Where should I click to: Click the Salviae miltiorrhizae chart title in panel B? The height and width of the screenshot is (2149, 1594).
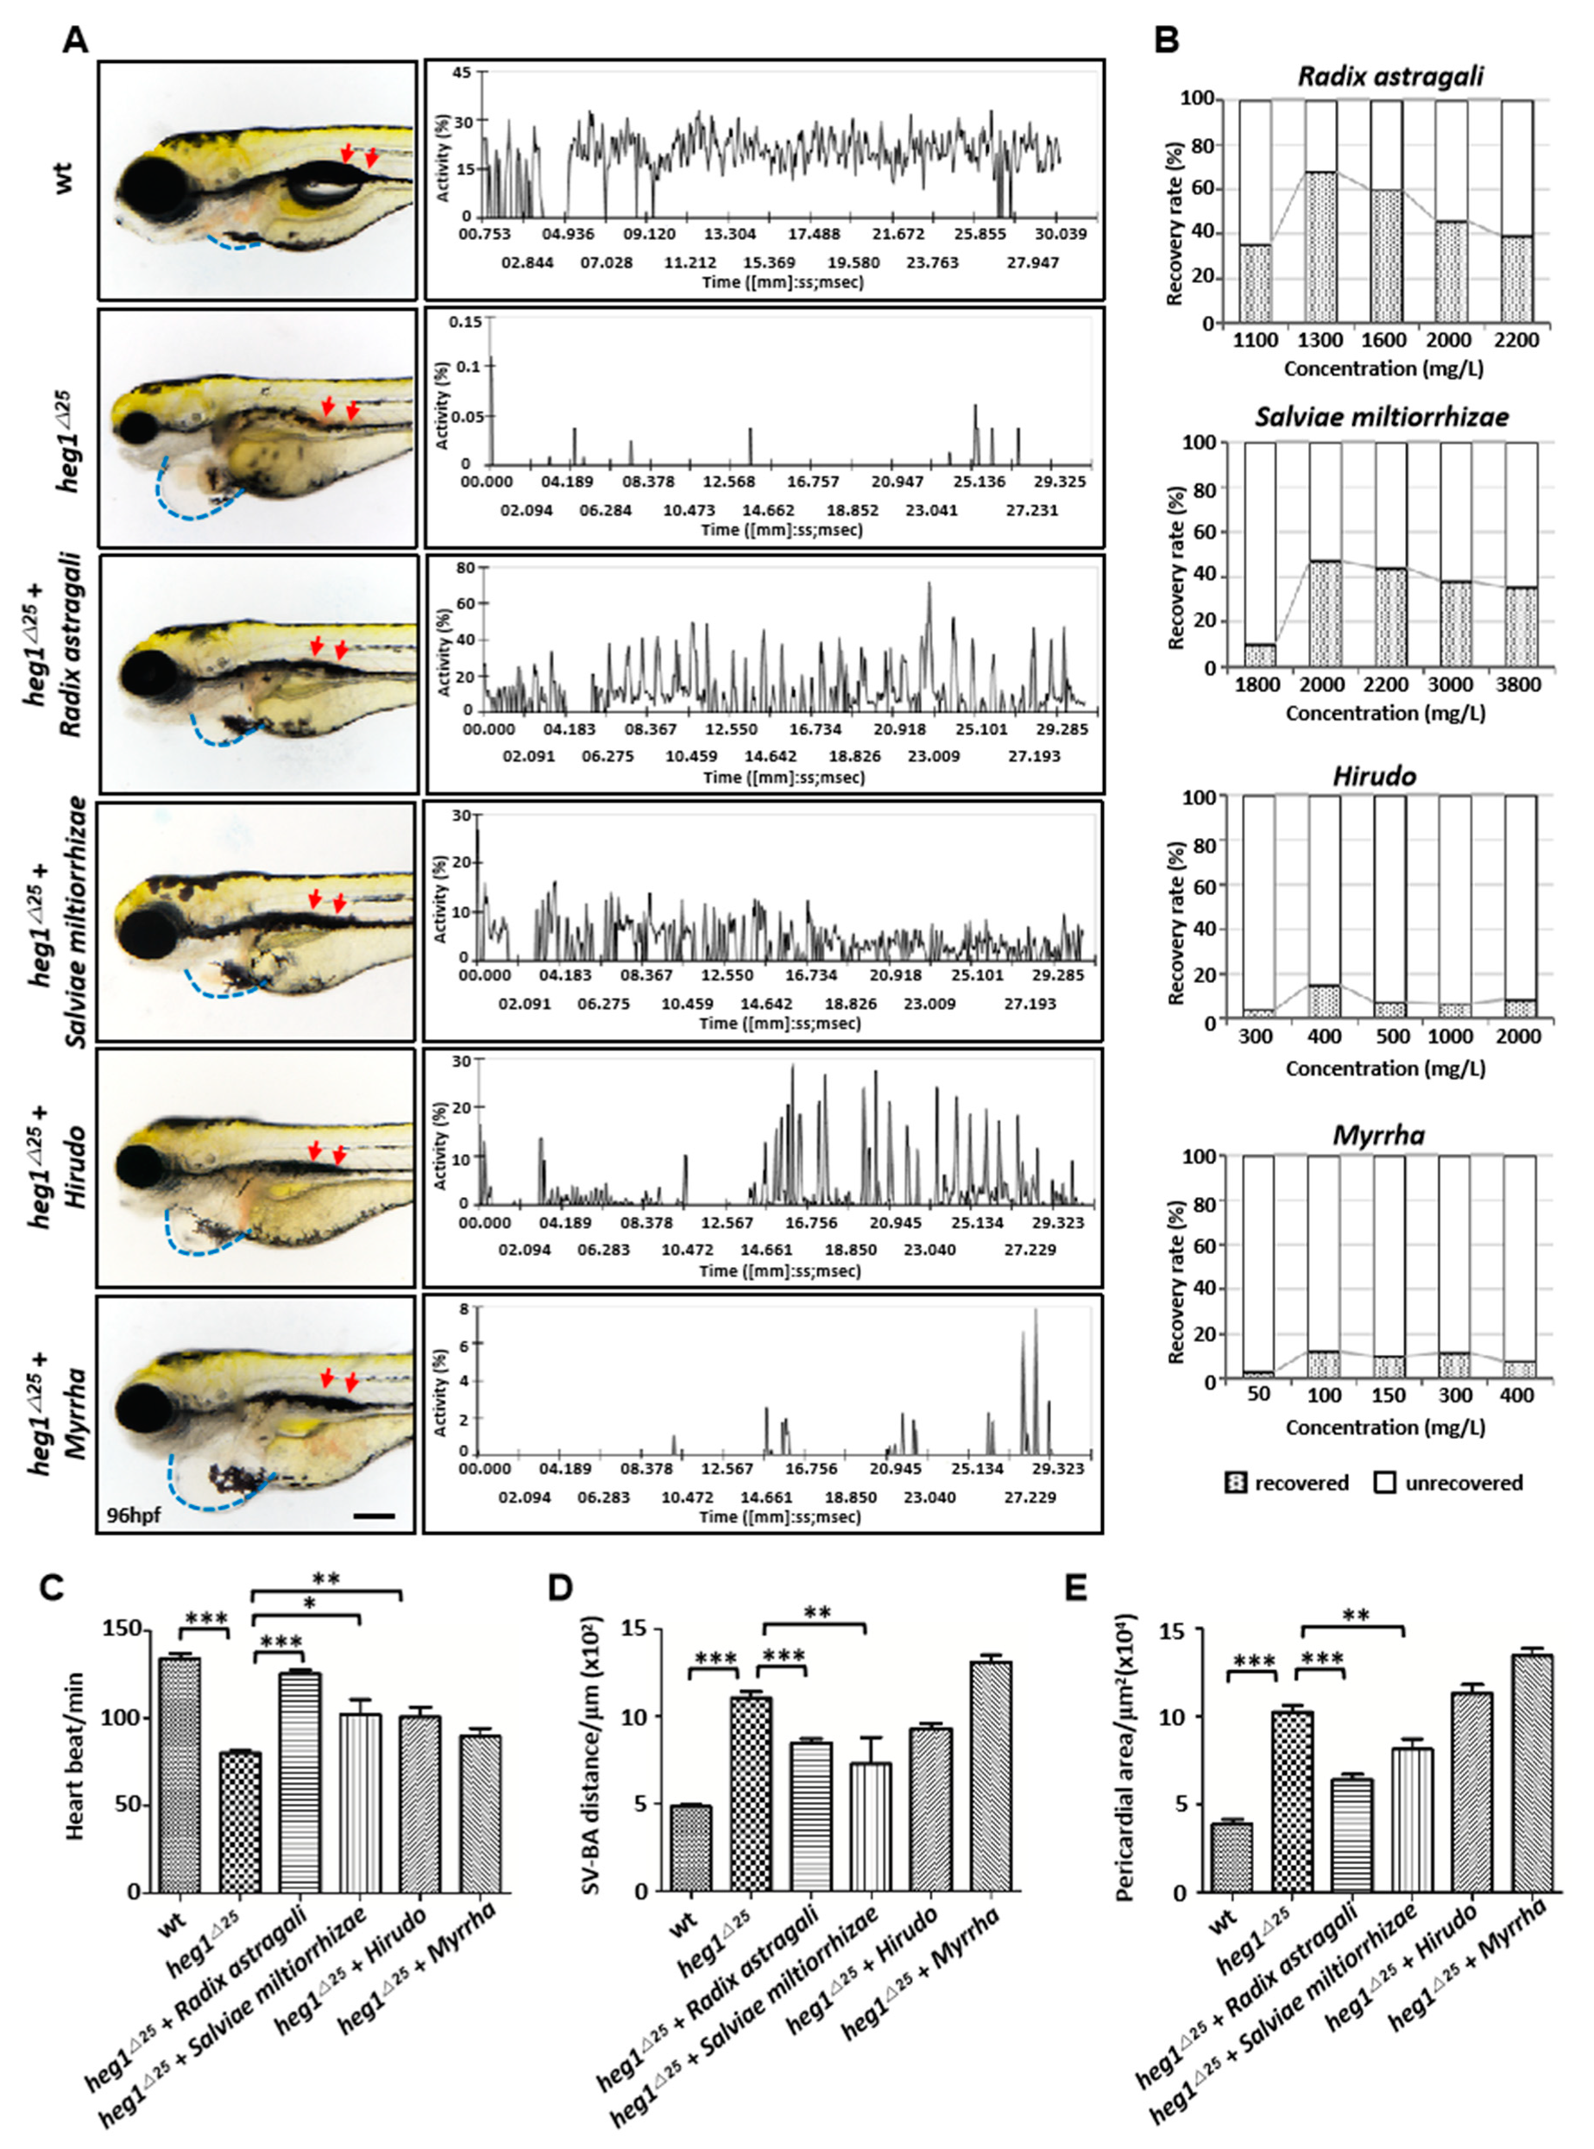click(x=1382, y=417)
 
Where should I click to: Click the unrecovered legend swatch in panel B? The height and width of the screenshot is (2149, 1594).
click(x=1384, y=1484)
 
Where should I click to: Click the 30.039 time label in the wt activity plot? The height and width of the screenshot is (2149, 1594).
click(x=1061, y=235)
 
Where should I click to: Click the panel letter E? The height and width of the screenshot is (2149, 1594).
click(x=1076, y=1587)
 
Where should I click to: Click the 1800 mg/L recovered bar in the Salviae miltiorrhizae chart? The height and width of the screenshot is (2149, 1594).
click(x=1259, y=655)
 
